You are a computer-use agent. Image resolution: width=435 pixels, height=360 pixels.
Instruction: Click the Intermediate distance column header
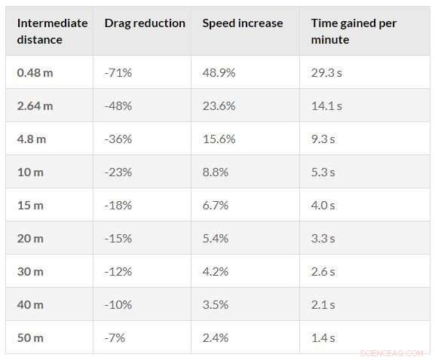pyautogui.click(x=52, y=31)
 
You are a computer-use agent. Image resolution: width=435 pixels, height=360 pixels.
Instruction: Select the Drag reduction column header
pyautogui.click(x=144, y=23)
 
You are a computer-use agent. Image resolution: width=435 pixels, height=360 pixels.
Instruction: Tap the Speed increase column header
pyautogui.click(x=242, y=23)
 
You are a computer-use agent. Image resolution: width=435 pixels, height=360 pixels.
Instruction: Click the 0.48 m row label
pyautogui.click(x=35, y=72)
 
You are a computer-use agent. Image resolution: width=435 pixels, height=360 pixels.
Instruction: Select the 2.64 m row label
pyautogui.click(x=35, y=105)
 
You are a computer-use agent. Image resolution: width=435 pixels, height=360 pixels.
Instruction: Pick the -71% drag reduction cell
pyautogui.click(x=118, y=72)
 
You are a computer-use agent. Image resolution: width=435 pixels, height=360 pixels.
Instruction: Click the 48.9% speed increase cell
pyautogui.click(x=219, y=72)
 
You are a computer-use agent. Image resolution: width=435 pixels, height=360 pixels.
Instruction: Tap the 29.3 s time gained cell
pyautogui.click(x=326, y=72)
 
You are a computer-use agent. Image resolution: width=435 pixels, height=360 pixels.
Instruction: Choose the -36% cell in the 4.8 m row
pyautogui.click(x=118, y=139)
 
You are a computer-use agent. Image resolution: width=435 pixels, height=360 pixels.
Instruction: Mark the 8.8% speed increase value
pyautogui.click(x=216, y=172)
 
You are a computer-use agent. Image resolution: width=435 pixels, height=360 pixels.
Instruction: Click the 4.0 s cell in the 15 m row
pyautogui.click(x=323, y=205)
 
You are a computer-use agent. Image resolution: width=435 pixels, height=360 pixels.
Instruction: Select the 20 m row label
pyautogui.click(x=30, y=238)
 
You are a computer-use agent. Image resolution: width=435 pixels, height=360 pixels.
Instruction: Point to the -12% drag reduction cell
pyautogui.click(x=118, y=271)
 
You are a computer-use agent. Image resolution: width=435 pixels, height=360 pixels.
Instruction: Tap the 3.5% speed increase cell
pyautogui.click(x=216, y=304)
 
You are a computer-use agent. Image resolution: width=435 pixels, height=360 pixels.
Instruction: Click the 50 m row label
pyautogui.click(x=30, y=337)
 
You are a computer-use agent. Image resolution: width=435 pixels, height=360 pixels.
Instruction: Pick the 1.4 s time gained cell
pyautogui.click(x=323, y=337)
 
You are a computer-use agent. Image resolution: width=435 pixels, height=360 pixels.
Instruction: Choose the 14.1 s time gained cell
pyautogui.click(x=326, y=105)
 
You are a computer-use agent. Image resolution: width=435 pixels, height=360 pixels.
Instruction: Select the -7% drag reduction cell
pyautogui.click(x=115, y=337)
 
